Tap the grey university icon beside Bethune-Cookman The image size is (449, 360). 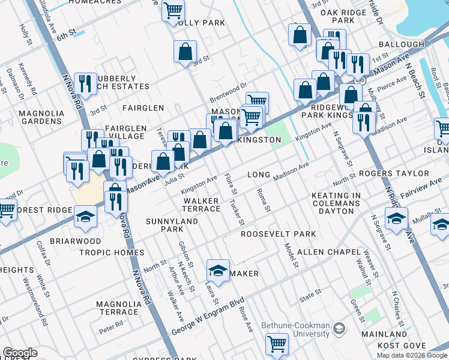pyautogui.click(x=339, y=328)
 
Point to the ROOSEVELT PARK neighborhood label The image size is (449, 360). pyautogui.click(x=278, y=234)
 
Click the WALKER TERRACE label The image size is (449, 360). pyautogui.click(x=202, y=205)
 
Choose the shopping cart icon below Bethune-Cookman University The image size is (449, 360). pyautogui.click(x=277, y=344)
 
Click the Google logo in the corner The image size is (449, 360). pyautogui.click(x=20, y=353)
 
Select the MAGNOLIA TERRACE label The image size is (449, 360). pyautogui.click(x=118, y=308)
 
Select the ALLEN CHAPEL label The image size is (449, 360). pyautogui.click(x=328, y=252)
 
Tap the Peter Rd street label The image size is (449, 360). pyautogui.click(x=111, y=324)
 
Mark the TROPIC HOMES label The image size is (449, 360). pyautogui.click(x=112, y=253)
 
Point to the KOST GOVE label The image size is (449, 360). pyautogui.click(x=402, y=346)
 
